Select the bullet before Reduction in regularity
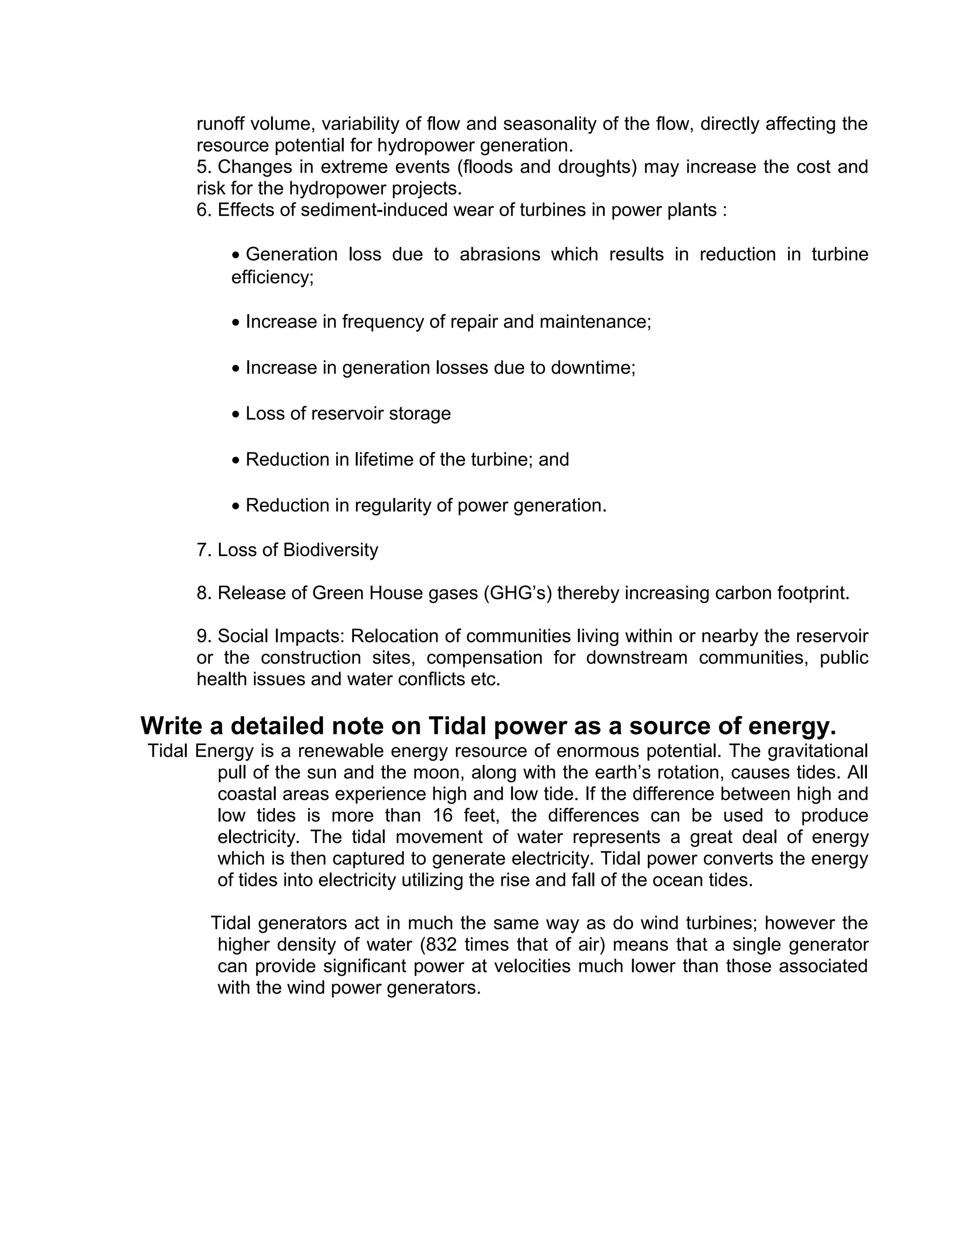tap(236, 507)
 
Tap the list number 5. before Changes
tap(204, 167)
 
